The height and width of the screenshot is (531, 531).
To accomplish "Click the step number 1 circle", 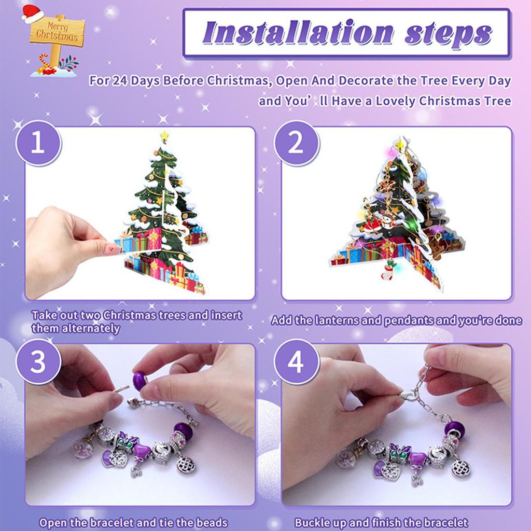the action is tap(38, 143).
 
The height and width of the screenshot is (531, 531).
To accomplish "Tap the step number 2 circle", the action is tap(296, 143).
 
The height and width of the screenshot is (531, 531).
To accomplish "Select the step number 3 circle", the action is tap(38, 361).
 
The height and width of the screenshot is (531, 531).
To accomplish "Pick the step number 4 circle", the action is tap(296, 361).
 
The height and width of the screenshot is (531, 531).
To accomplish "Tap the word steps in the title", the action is tap(448, 35).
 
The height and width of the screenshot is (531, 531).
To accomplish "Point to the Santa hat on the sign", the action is tap(32, 14).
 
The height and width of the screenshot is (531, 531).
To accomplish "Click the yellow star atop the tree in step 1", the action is tap(164, 136).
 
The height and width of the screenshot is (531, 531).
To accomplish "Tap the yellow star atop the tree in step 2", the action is tap(400, 144).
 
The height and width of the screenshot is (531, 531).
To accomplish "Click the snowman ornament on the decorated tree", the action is tap(388, 219).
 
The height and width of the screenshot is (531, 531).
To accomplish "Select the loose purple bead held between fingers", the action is tap(139, 381).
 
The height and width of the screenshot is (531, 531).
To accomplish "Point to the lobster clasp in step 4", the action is tap(408, 395).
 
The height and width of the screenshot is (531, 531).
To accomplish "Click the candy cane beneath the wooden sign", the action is tap(45, 61).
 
